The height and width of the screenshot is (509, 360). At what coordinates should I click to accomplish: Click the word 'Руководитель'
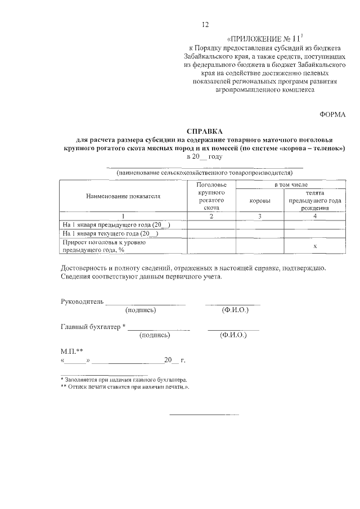[x=82, y=301]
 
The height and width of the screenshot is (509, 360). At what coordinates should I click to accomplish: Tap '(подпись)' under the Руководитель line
[x=141, y=310]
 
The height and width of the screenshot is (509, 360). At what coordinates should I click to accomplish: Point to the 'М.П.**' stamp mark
[x=72, y=350]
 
